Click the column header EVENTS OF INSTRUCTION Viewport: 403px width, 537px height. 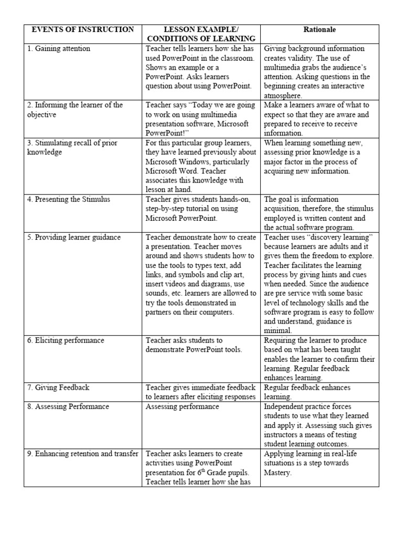tap(83, 29)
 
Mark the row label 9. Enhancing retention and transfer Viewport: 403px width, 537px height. tap(83, 454)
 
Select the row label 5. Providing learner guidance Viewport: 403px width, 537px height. tap(74, 237)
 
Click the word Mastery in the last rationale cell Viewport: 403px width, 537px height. tap(279, 472)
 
